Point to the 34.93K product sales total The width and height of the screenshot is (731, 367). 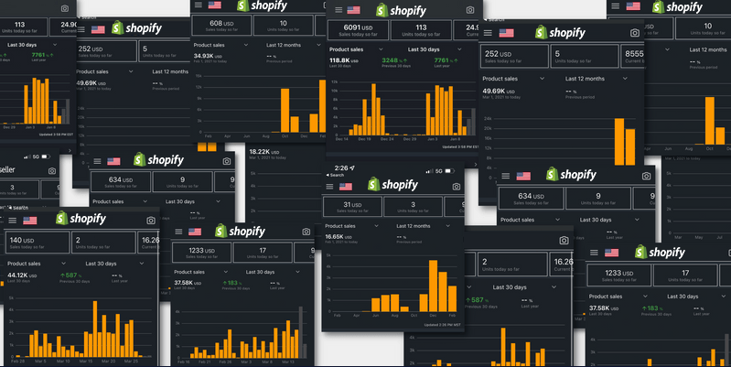[210, 56]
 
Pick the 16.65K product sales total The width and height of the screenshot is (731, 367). [339, 236]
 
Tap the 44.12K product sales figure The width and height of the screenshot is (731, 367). [20, 275]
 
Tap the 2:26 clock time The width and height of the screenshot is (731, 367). [340, 168]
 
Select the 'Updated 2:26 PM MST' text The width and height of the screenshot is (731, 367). [432, 324]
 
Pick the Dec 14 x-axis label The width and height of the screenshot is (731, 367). [341, 138]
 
